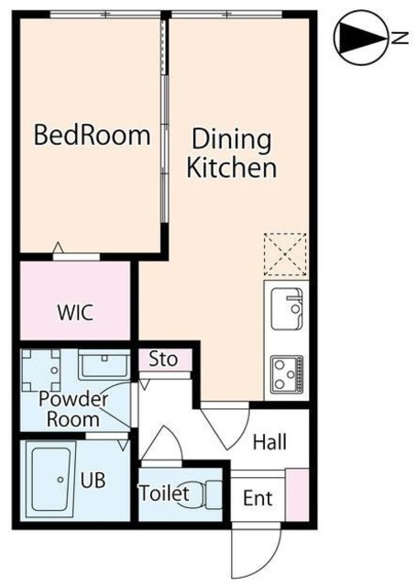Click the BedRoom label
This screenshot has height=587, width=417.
coord(93,135)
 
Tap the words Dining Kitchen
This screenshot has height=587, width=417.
coord(232,153)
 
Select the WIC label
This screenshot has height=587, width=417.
coord(75,312)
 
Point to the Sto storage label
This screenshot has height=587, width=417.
coord(163,359)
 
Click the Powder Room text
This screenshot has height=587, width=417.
coord(73,409)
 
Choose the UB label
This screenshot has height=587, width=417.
coord(93,480)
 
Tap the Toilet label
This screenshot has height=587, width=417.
coord(164,493)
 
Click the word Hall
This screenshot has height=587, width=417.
coord(269,442)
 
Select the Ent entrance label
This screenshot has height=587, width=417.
coord(258,498)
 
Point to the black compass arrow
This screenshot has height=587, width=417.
coord(361,38)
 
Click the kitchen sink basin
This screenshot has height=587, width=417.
coord(287,309)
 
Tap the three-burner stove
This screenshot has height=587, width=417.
coord(287,374)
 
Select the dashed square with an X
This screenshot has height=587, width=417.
coord(285,255)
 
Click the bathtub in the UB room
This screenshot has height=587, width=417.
coord(50,480)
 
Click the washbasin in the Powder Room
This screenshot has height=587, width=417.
coord(104,365)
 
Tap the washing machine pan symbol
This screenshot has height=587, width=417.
coord(40,371)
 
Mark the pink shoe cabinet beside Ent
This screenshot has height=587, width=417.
coord(297,494)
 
